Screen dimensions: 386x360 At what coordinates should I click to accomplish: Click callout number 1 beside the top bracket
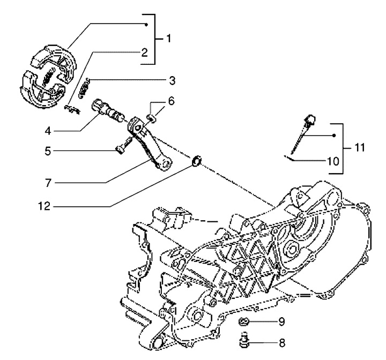[169, 38]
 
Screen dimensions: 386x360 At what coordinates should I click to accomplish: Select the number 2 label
[144, 52]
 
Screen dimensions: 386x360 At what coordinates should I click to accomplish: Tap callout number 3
[172, 80]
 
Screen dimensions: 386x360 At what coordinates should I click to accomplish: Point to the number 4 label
[48, 131]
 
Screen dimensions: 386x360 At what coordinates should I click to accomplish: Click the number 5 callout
[48, 151]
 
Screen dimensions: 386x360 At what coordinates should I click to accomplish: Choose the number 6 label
[171, 101]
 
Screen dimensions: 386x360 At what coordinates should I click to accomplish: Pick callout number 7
[48, 183]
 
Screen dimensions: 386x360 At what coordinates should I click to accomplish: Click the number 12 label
[44, 206]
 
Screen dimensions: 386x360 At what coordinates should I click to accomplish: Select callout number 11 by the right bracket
[359, 148]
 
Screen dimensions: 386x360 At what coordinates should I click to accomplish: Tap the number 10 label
[333, 161]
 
